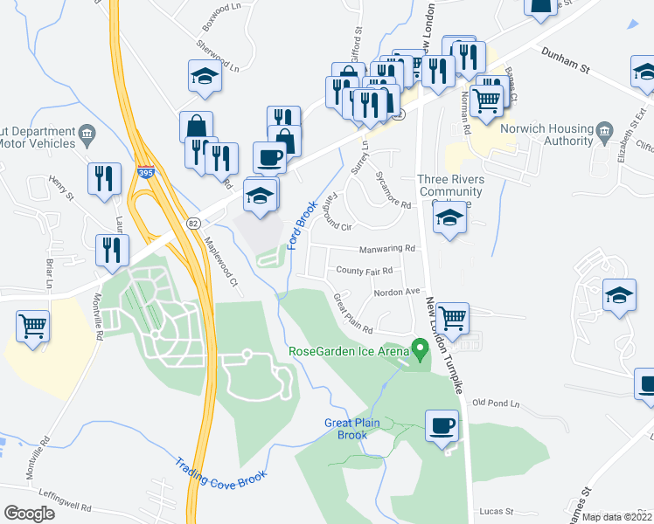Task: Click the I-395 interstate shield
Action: pyautogui.click(x=146, y=174)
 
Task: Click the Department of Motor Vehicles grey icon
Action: pyautogui.click(x=87, y=134)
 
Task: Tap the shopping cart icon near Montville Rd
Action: pyautogui.click(x=32, y=327)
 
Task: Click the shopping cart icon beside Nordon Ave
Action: pyautogui.click(x=451, y=317)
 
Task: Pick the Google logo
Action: pyautogui.click(x=29, y=514)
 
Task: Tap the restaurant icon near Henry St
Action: pyautogui.click(x=104, y=178)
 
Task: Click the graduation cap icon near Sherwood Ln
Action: pyautogui.click(x=205, y=77)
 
